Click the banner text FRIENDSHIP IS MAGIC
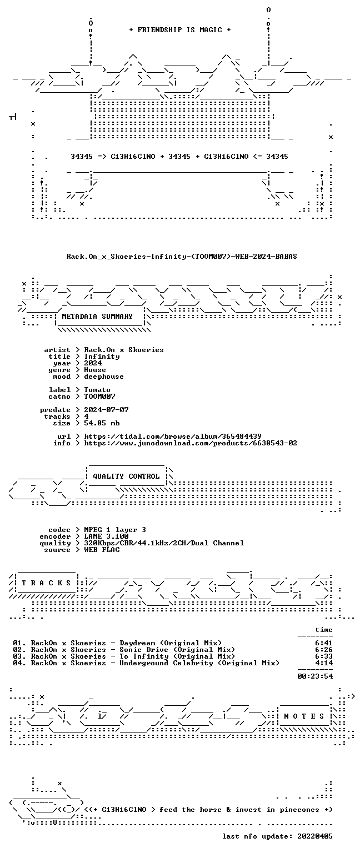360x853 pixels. (180, 29)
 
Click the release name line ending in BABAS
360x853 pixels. (182, 256)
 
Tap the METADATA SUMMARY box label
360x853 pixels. (97, 317)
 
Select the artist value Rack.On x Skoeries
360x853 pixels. (124, 350)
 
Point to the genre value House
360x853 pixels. (95, 370)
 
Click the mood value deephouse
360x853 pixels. (104, 377)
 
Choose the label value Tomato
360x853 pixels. (97, 390)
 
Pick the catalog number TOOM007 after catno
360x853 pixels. (99, 397)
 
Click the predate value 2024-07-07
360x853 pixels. (106, 410)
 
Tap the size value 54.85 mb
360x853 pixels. (102, 423)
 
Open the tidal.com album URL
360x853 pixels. (173, 436)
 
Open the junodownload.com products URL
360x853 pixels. (191, 443)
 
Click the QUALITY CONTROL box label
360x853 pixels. (126, 476)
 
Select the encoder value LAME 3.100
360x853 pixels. (106, 536)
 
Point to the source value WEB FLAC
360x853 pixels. (102, 550)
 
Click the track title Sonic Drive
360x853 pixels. (144, 650)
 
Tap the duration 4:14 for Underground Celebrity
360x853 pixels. (324, 663)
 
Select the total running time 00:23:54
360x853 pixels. (315, 676)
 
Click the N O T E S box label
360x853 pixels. (304, 716)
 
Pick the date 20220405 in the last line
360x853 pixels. (315, 836)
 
